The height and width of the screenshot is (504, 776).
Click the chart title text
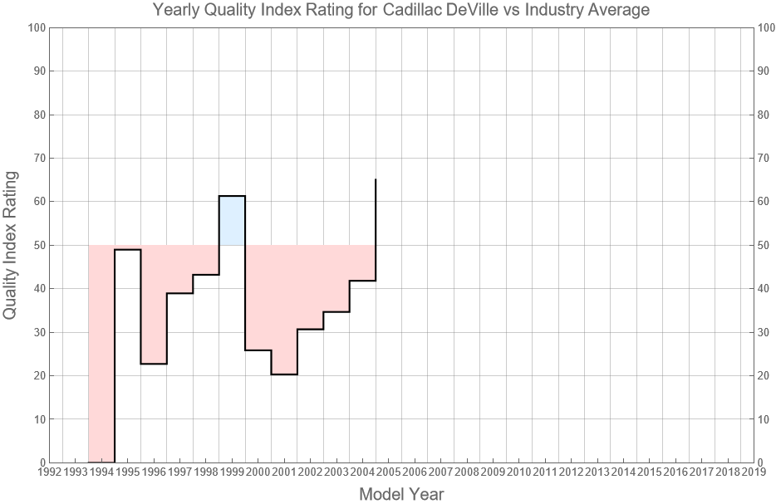(x=401, y=11)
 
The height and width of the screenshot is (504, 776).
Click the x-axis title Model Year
(x=401, y=494)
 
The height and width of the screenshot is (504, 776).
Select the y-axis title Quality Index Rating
(x=12, y=245)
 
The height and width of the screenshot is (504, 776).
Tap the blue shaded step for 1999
(x=232, y=221)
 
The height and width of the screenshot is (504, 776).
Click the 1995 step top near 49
(x=127, y=249)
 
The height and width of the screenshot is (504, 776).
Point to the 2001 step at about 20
(x=284, y=374)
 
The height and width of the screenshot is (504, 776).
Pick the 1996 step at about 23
(x=154, y=364)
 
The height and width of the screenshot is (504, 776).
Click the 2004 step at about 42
(x=362, y=281)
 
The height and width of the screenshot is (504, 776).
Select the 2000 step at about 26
(x=258, y=350)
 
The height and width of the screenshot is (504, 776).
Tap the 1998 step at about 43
(x=206, y=275)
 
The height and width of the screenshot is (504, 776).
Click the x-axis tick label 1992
(x=49, y=472)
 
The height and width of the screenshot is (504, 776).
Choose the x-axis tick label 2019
(x=754, y=472)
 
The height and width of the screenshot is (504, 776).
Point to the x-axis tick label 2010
(x=518, y=472)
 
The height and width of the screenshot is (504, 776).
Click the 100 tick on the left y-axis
(x=35, y=27)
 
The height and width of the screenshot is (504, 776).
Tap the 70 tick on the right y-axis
(x=765, y=158)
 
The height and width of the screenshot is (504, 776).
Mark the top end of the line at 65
(x=376, y=180)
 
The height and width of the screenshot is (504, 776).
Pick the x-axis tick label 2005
(x=388, y=472)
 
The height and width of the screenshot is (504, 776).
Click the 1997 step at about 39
(x=179, y=293)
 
